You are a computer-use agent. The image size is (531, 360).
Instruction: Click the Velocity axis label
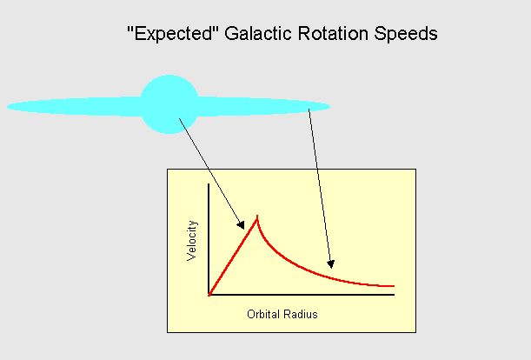(x=193, y=242)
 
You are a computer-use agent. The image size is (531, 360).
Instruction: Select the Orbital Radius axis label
(x=282, y=314)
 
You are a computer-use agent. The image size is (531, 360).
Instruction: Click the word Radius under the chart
(x=301, y=314)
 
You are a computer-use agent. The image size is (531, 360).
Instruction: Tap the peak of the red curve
(x=257, y=217)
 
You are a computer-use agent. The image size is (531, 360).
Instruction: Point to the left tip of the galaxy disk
(x=9, y=107)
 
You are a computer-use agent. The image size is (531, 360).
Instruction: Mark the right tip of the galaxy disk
(x=329, y=108)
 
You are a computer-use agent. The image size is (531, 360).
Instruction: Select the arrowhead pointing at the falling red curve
(x=330, y=263)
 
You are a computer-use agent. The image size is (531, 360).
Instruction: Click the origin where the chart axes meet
(x=209, y=295)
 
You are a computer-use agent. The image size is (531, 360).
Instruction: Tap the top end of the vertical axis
(x=209, y=184)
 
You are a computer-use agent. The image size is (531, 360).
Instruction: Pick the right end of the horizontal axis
(x=394, y=295)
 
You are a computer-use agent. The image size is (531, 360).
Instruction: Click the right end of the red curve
(x=394, y=285)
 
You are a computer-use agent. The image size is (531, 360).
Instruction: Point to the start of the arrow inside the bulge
(x=179, y=118)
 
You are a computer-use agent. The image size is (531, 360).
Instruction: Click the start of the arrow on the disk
(x=309, y=111)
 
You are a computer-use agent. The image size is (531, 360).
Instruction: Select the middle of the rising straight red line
(x=233, y=257)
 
